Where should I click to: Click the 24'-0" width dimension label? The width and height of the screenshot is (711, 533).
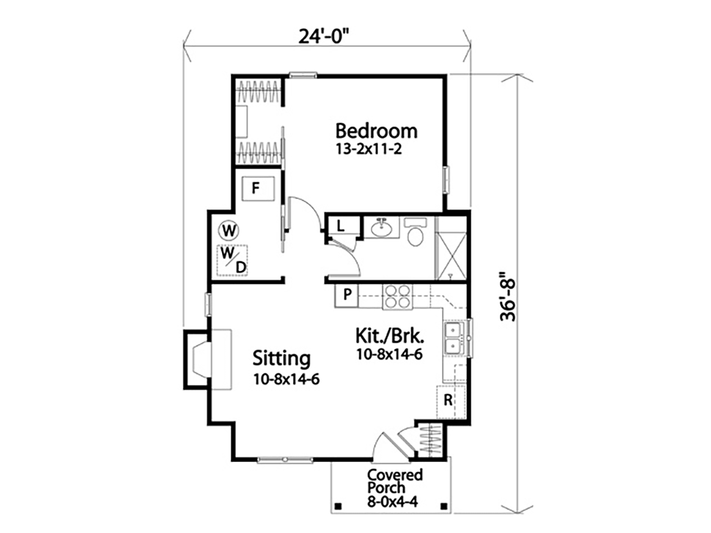click(325, 37)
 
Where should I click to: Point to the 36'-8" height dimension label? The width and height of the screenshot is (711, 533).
click(508, 297)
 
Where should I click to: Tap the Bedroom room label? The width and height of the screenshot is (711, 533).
click(376, 131)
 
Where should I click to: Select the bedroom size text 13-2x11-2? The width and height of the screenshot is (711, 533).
click(369, 149)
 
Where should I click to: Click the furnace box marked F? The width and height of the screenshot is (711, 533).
click(257, 188)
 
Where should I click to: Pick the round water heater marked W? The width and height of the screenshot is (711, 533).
click(229, 231)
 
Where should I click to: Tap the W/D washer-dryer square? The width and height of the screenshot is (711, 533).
click(232, 261)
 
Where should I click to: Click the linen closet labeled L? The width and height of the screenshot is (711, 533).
click(342, 226)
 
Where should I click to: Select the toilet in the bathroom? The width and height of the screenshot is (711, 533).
click(416, 232)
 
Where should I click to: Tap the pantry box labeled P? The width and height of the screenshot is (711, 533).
click(347, 296)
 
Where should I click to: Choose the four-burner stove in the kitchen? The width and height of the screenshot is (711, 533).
click(398, 297)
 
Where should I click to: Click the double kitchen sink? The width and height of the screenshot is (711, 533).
click(454, 339)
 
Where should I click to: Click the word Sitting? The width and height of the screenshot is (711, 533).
click(281, 359)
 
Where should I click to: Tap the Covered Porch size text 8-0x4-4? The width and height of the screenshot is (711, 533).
click(393, 502)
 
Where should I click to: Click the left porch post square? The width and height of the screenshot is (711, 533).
click(337, 506)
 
